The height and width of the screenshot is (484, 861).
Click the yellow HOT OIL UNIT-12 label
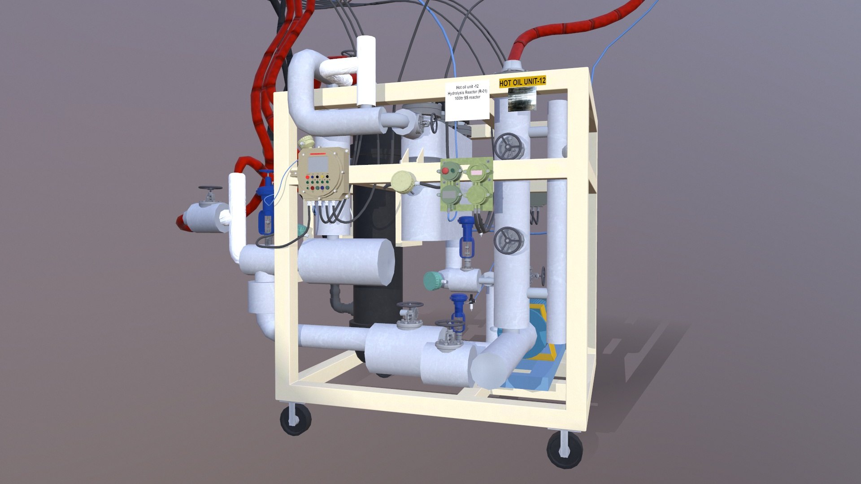click(x=522, y=82)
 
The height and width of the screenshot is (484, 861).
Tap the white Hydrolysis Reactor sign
click(x=467, y=99)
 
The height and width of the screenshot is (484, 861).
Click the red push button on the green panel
click(x=446, y=171)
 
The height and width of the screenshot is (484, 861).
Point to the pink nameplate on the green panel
click(x=475, y=171)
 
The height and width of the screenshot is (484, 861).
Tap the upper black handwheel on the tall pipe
click(x=507, y=147)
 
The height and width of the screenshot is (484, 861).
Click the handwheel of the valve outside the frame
click(x=210, y=189)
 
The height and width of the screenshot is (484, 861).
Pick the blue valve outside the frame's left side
click(x=266, y=204)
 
